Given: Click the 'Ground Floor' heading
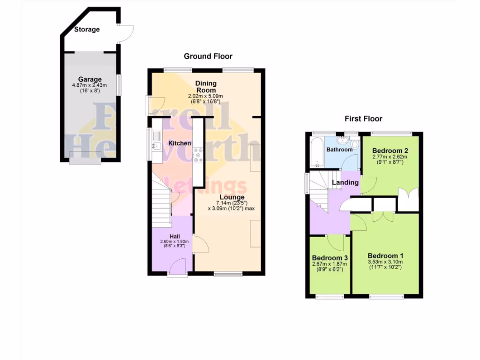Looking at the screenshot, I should pyautogui.click(x=208, y=56).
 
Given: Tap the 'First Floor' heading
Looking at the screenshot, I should pyautogui.click(x=363, y=119).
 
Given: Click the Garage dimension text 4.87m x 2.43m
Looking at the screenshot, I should pyautogui.click(x=90, y=85).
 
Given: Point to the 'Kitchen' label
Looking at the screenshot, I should pyautogui.click(x=180, y=143).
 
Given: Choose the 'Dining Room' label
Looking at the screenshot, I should pyautogui.click(x=206, y=87).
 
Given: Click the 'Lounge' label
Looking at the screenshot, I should pyautogui.click(x=232, y=197).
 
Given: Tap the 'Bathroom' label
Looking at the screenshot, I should pyautogui.click(x=339, y=150).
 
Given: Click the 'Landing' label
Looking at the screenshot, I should pyautogui.click(x=345, y=182).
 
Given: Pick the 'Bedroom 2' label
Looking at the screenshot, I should pyautogui.click(x=390, y=150).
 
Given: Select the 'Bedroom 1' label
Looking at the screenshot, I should pyautogui.click(x=385, y=255).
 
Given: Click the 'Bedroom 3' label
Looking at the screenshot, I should pyautogui.click(x=330, y=258).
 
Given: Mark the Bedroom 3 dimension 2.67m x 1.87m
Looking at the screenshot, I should pyautogui.click(x=330, y=264).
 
